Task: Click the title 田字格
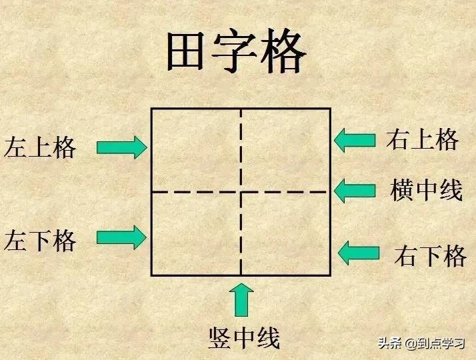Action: point(237,51)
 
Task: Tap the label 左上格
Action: point(40,147)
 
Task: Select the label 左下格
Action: point(40,241)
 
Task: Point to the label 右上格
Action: point(422,139)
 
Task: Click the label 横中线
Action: point(426,190)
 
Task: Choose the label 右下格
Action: point(430,256)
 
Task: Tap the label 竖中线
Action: point(244,338)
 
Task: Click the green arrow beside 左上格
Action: point(122,147)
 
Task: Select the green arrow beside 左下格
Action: point(122,237)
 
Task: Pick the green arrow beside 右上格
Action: point(355,140)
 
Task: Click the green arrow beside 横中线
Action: point(355,191)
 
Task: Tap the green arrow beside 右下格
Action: point(359,253)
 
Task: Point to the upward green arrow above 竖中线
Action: point(241,300)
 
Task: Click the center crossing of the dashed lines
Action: point(241,192)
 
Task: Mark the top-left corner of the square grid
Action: point(151,109)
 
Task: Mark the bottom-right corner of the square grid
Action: point(330,275)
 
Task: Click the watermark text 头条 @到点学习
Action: point(421,343)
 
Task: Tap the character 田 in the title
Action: point(185,52)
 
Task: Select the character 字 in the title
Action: point(235,51)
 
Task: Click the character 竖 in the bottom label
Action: point(220,338)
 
